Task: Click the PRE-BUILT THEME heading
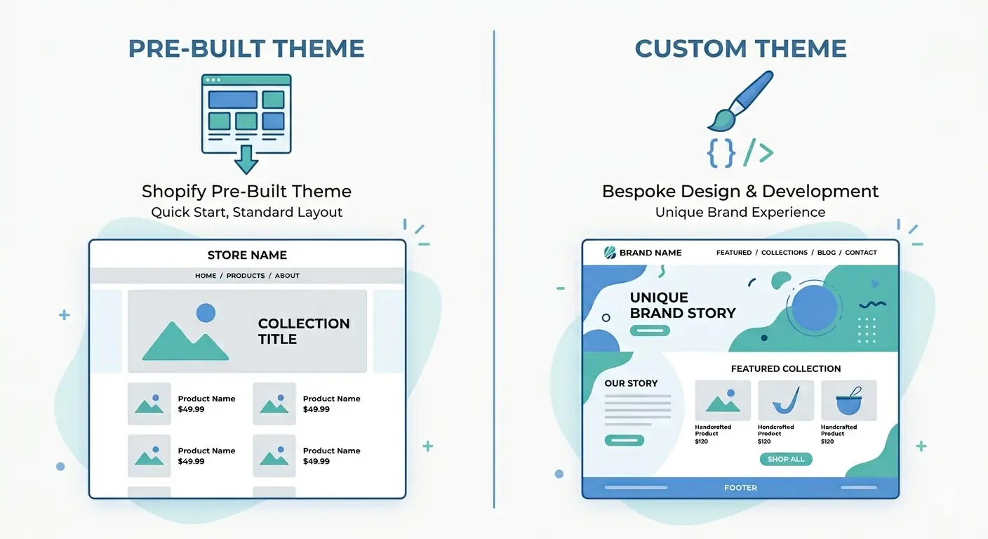click(246, 48)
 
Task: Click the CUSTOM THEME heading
click(740, 48)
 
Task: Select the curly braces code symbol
click(721, 152)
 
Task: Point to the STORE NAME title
click(247, 255)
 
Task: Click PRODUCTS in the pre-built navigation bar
click(246, 276)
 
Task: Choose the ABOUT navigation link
click(287, 276)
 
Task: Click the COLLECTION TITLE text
click(303, 331)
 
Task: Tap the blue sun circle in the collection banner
click(206, 313)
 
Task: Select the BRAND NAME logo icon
click(610, 253)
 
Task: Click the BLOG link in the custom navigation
click(827, 253)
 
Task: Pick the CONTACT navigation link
click(861, 253)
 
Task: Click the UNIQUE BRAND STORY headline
click(682, 305)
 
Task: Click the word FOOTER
click(740, 488)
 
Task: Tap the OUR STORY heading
click(631, 383)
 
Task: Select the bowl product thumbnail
click(848, 401)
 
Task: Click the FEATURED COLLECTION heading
click(785, 368)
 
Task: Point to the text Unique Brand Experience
click(740, 212)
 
